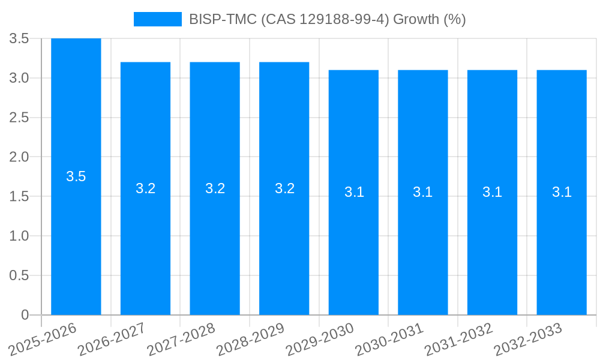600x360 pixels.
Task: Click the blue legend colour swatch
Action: click(x=157, y=19)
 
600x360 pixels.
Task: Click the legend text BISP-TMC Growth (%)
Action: click(x=327, y=19)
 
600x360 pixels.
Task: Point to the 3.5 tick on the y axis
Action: click(x=19, y=38)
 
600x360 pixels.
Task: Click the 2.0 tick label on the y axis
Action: click(x=19, y=157)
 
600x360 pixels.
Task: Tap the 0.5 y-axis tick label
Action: click(x=19, y=275)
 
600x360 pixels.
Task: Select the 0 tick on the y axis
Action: click(x=25, y=315)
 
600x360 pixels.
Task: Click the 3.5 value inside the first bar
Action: click(x=76, y=176)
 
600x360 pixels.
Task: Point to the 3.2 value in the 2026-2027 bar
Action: click(x=145, y=188)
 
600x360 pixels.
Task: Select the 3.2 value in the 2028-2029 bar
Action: click(x=284, y=188)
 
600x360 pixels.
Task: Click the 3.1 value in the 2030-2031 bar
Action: click(x=423, y=192)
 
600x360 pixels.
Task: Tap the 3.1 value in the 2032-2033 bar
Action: click(x=562, y=192)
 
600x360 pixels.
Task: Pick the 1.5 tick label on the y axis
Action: click(x=19, y=197)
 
